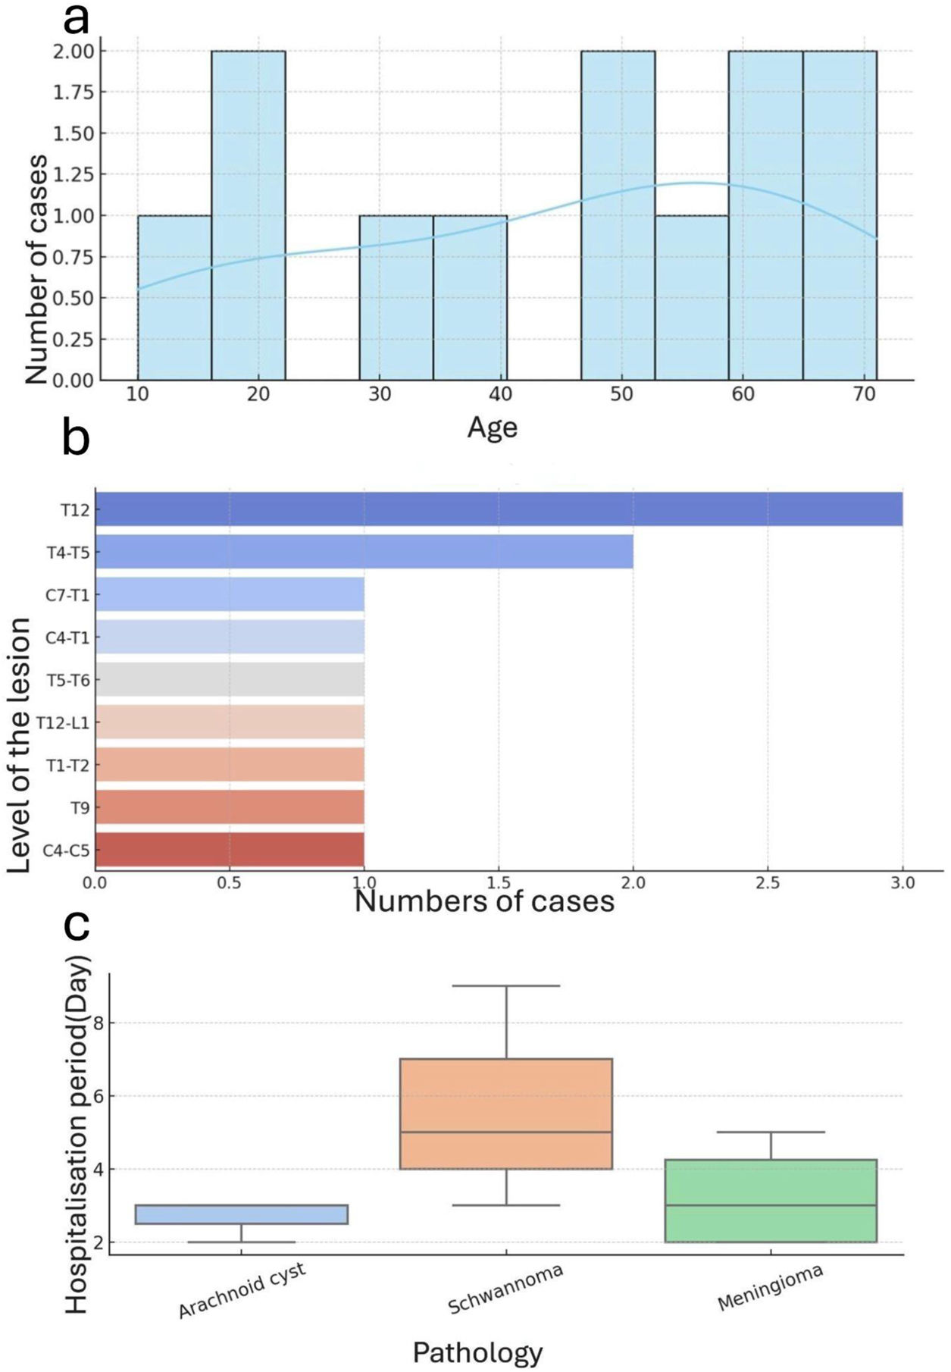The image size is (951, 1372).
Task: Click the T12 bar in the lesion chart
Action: click(x=499, y=509)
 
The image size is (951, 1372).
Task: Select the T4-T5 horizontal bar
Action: click(x=364, y=552)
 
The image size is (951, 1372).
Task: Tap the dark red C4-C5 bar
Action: click(x=230, y=850)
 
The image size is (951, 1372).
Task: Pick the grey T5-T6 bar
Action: click(x=230, y=680)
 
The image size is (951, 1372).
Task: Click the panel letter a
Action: click(x=76, y=20)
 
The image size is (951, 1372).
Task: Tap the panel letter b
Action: click(x=76, y=440)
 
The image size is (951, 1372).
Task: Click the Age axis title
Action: click(x=492, y=428)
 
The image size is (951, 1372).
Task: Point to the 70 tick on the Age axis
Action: click(x=864, y=394)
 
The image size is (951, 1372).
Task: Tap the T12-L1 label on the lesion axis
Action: click(x=63, y=723)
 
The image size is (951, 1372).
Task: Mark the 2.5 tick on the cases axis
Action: click(x=768, y=883)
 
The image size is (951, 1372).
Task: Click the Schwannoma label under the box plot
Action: click(x=505, y=1289)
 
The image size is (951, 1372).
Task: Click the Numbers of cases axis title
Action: click(x=484, y=901)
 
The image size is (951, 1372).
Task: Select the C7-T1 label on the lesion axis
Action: click(x=67, y=596)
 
